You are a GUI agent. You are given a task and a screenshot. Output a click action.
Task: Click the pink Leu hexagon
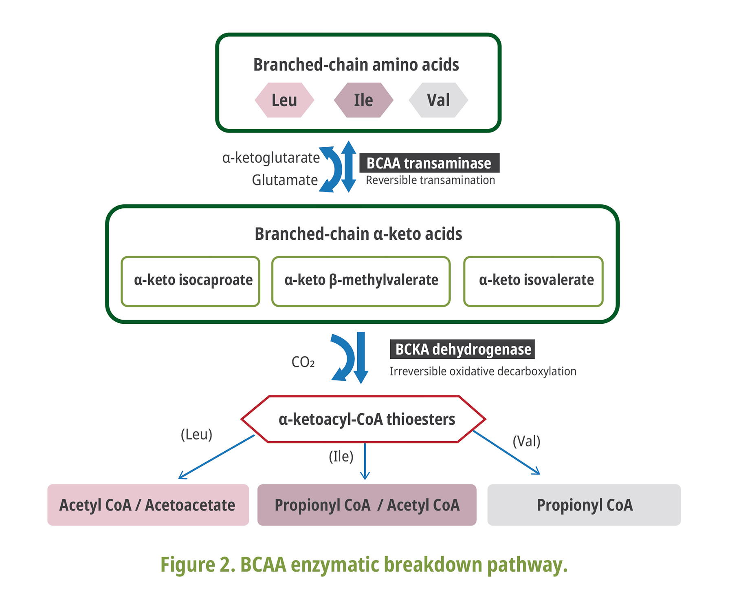[284, 100]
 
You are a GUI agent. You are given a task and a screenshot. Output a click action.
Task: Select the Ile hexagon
[363, 100]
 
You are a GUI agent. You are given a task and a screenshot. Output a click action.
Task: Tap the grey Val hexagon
[438, 100]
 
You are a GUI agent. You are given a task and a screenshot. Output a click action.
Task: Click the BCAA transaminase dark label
[429, 163]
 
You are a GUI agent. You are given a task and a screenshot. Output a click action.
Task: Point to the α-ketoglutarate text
[271, 158]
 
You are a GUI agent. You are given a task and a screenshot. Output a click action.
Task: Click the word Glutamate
[285, 180]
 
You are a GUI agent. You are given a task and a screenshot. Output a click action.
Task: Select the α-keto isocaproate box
[191, 281]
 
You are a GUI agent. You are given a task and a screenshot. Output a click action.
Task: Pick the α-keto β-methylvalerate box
[361, 281]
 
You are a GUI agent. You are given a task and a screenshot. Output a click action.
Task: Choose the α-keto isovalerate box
[533, 281]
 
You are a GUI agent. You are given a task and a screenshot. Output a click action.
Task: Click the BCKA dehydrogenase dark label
[462, 349]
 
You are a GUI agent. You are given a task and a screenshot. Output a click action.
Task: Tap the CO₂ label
[303, 362]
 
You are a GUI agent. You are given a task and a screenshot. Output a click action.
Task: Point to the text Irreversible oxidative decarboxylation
[483, 371]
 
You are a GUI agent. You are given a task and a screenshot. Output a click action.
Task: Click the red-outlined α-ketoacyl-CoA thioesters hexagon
[363, 419]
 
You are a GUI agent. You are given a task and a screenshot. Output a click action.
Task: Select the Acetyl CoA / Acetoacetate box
[148, 505]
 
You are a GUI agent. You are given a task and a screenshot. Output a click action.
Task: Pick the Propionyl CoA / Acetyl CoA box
[367, 505]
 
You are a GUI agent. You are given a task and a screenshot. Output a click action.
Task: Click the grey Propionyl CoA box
[584, 505]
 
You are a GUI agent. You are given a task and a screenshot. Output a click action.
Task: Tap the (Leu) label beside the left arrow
[196, 435]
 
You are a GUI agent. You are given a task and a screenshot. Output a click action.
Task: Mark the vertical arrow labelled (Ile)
[365, 461]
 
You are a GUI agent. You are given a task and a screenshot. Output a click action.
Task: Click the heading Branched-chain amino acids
[356, 65]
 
